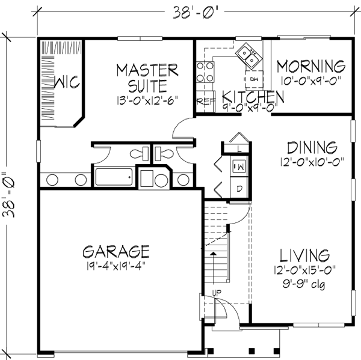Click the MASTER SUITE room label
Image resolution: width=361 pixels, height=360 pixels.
click(147, 77)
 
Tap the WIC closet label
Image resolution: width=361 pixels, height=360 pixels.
click(67, 82)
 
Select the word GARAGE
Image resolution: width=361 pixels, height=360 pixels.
click(117, 249)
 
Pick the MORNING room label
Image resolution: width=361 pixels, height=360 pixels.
click(312, 66)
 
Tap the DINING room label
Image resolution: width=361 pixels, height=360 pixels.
click(311, 147)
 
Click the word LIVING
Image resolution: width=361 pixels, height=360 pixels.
click(308, 254)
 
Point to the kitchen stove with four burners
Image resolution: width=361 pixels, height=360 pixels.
click(206, 72)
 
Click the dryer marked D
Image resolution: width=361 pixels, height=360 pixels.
click(239, 189)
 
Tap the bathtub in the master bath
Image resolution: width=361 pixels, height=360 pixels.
click(115, 177)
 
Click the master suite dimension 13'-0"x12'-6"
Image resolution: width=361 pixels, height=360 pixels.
click(147, 100)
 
